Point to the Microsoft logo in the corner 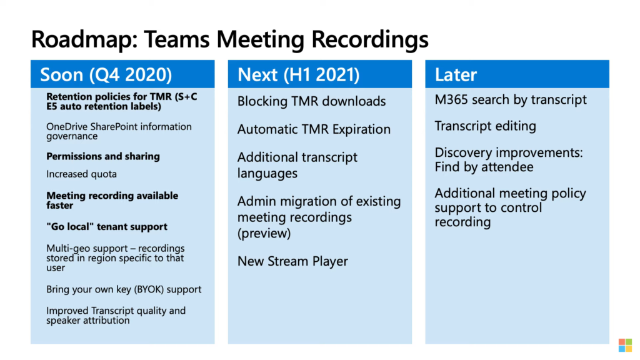coord(625,345)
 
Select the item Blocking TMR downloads coord(311,101)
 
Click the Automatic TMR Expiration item coord(314,129)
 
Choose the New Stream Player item coord(292,261)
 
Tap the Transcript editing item coord(485,126)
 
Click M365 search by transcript coord(511,99)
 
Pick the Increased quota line coord(81,174)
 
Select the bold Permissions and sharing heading coord(103,156)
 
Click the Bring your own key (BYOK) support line coord(124,289)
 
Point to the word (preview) coord(264,234)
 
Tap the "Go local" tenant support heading coord(106,226)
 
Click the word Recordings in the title coord(370,39)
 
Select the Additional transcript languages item coord(297,165)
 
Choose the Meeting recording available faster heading coord(112,201)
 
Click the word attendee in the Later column coord(507,167)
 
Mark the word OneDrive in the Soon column coord(63,127)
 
